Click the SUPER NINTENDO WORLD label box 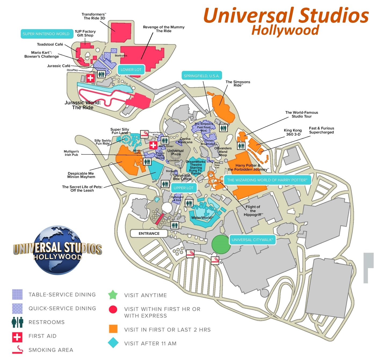point(46,34)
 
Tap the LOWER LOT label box point(131,70)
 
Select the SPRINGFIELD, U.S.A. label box point(202,76)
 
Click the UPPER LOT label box point(183,188)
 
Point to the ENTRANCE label point(149,233)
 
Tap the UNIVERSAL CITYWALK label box point(252,240)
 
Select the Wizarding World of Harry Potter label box point(267,180)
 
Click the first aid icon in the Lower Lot point(90,78)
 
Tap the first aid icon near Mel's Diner point(153,145)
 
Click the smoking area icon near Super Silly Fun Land point(144,134)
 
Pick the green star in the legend point(113,295)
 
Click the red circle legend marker point(113,309)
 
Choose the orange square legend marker point(113,329)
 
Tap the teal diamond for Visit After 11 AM point(113,343)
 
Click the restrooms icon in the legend point(17,322)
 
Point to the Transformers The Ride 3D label point(94,16)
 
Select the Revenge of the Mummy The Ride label point(164,29)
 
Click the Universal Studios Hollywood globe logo point(57,250)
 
